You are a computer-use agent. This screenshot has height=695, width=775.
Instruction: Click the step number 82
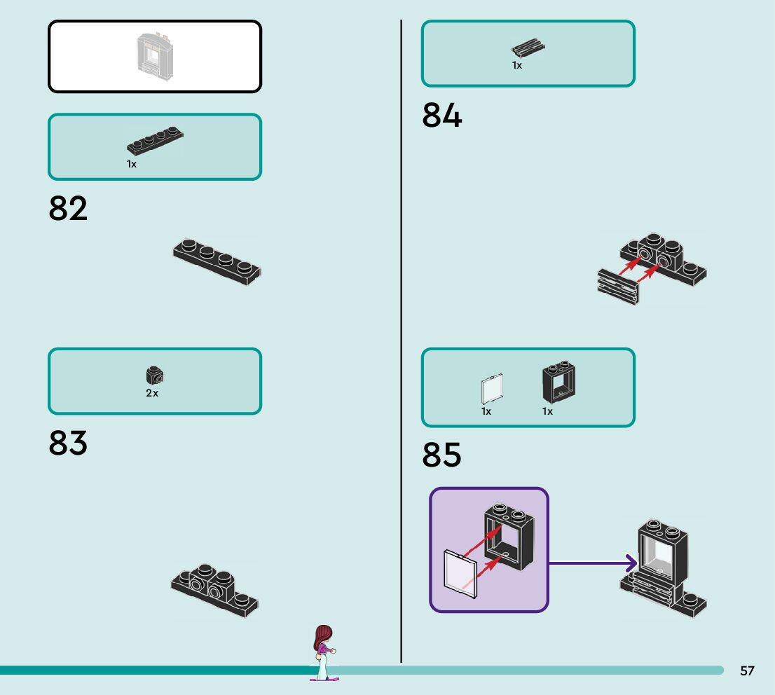click(x=68, y=208)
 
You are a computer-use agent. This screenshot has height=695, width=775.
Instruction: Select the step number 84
click(x=442, y=115)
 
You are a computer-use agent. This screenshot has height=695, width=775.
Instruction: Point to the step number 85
click(x=442, y=455)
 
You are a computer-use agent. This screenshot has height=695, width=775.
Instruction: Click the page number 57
click(x=747, y=670)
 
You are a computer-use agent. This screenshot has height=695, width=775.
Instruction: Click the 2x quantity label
click(x=152, y=393)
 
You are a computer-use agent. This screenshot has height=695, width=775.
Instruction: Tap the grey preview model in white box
click(x=155, y=56)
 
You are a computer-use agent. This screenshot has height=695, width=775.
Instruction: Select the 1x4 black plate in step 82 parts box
click(x=155, y=140)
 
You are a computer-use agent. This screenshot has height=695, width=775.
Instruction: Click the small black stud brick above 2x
click(x=155, y=376)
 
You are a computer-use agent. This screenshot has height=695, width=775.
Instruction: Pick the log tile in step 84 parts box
click(x=528, y=48)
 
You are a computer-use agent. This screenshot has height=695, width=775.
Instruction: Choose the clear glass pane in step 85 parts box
click(x=493, y=389)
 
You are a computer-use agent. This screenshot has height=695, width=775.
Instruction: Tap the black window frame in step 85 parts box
click(x=559, y=382)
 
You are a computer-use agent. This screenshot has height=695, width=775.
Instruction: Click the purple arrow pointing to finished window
click(x=593, y=563)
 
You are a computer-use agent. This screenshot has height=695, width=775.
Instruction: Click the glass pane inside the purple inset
click(x=460, y=574)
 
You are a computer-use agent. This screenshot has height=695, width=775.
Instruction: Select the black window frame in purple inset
click(x=509, y=537)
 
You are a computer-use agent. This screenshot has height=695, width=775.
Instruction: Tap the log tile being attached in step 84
click(x=618, y=287)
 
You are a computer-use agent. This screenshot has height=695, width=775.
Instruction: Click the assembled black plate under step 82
click(x=217, y=261)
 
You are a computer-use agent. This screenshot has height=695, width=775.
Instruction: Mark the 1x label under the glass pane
click(x=486, y=411)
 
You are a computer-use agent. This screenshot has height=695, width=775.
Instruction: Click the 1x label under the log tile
click(x=517, y=65)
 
